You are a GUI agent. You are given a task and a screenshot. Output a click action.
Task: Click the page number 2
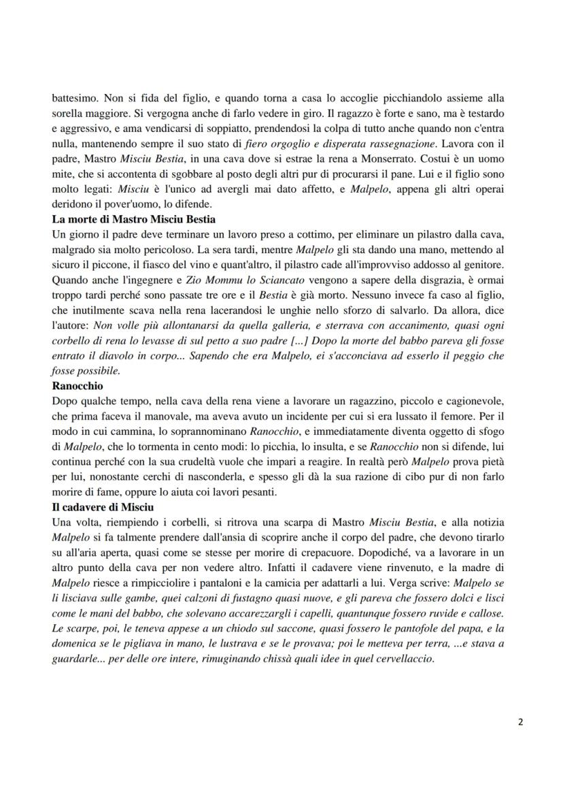[x=520, y=722]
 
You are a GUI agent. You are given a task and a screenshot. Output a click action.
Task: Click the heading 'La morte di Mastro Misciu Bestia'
[x=134, y=219]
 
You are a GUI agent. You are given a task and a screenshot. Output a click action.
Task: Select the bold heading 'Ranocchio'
[x=78, y=385]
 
